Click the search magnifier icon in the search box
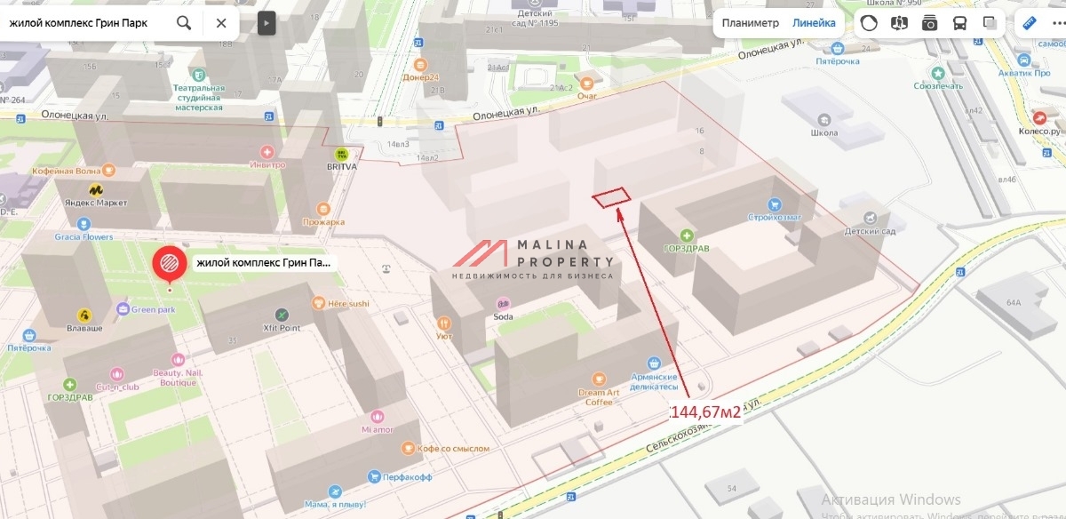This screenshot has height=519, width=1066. tap(184, 23)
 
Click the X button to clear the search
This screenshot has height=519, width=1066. tap(221, 23)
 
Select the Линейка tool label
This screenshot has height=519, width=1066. tap(814, 23)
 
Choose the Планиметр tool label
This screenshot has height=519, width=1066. tap(750, 23)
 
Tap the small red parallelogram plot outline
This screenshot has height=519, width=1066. tap(610, 197)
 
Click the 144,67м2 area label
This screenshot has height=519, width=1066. tap(704, 412)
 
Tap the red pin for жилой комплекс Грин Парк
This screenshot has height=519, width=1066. tap(170, 263)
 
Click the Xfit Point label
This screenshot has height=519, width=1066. tap(282, 328)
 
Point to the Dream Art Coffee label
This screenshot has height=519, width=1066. tap(599, 397)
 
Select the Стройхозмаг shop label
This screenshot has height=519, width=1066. tap(775, 217)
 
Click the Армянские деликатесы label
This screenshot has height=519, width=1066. tap(655, 382)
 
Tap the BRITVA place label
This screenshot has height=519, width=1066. tap(341, 166)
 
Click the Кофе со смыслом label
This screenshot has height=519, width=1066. tap(453, 449)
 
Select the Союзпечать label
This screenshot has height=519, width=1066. tap(937, 86)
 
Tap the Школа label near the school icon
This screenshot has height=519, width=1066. tap(824, 132)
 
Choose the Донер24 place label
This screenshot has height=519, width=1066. tap(421, 77)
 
